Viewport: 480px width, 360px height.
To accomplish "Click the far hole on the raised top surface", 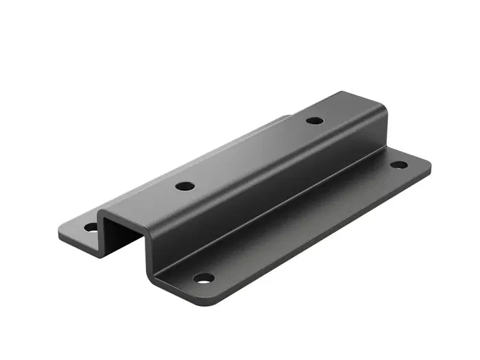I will pyautogui.click(x=315, y=121).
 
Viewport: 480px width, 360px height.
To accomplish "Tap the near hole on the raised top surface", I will pyautogui.click(x=184, y=186).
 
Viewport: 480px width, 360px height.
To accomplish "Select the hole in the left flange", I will pyautogui.click(x=91, y=226).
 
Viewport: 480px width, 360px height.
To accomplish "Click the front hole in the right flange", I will pyautogui.click(x=204, y=278).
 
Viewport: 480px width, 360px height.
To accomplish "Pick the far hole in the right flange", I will pyautogui.click(x=398, y=165).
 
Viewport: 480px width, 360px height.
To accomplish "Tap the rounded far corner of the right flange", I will pyautogui.click(x=427, y=162).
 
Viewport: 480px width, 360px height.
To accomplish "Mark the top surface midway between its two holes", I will pyautogui.click(x=250, y=153).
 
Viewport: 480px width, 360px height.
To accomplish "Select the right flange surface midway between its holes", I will pyautogui.click(x=302, y=221).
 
